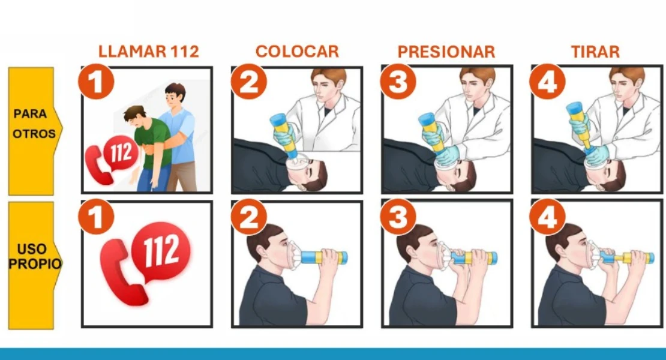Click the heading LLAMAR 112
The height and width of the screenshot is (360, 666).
coord(149,52)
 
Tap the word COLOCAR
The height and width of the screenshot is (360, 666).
coord(298,52)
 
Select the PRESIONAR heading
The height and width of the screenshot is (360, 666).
coord(446,52)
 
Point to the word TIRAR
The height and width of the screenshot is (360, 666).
coord(595,52)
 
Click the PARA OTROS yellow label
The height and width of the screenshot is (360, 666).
coord(34,131)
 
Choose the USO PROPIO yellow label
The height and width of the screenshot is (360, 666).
coord(34,265)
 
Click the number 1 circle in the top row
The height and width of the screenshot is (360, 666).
coord(97,82)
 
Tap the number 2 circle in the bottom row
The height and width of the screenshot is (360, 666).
coord(250,217)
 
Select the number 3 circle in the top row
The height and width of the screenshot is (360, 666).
coord(398,82)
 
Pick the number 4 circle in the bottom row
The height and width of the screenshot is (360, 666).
coord(548,217)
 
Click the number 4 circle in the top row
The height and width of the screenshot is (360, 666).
coord(548,82)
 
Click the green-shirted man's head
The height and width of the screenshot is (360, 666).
coord(135,116)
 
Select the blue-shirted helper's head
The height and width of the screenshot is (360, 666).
coord(175,95)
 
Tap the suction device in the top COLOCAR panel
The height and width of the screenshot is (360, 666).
coord(284,131)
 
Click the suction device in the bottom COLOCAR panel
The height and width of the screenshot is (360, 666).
coord(323,257)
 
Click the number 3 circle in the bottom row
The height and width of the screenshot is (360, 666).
coord(398,217)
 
